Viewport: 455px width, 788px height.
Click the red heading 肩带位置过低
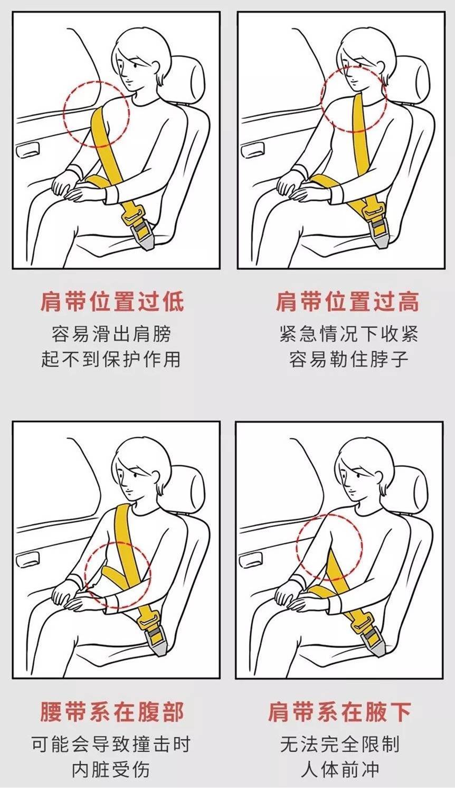click(112, 302)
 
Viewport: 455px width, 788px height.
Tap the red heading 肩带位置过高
click(347, 302)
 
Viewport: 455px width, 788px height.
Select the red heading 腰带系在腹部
click(112, 711)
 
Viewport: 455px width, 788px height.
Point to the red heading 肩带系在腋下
click(339, 711)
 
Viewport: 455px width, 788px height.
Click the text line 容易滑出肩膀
click(112, 334)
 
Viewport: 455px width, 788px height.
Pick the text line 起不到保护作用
click(112, 359)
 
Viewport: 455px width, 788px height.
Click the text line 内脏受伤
click(111, 770)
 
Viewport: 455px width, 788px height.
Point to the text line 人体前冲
click(340, 770)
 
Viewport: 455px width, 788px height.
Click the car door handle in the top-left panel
click(26, 151)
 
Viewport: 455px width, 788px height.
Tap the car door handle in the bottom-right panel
click(249, 560)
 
